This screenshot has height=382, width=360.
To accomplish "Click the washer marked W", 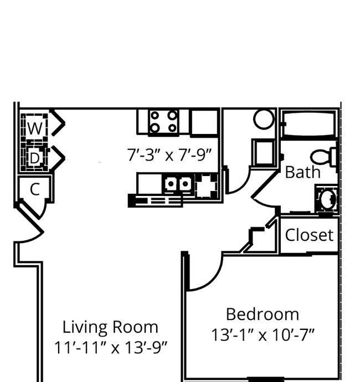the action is coord(34,127).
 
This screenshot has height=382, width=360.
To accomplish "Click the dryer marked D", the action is coord(34,158).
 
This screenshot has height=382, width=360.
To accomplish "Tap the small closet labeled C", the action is coord(35,189).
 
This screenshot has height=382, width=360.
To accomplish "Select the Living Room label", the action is coord(110,327).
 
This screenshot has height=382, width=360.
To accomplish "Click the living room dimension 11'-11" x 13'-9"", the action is coord(111,347).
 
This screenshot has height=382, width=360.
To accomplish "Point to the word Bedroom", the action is coord(263,314).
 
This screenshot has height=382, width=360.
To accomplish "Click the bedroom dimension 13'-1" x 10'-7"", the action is coord(263,335).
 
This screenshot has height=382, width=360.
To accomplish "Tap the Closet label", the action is coord(309,235).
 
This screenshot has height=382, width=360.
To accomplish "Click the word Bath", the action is coord(302,172).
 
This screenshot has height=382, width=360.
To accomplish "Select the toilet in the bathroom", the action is coord(323,156).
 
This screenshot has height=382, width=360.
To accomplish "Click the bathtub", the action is coord(310,125).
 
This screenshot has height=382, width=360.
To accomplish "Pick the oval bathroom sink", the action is coord(327,199).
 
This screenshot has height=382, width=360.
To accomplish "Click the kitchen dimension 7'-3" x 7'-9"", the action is coord(169,154).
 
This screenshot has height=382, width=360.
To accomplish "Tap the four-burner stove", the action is coord(163,122).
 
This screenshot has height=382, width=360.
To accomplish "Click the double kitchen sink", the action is coord(178,183).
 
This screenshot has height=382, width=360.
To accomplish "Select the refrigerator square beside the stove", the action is coord(204,122).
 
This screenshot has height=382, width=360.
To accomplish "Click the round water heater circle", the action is coord(264,119).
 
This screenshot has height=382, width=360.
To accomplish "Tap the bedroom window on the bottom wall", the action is coord(265,379).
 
